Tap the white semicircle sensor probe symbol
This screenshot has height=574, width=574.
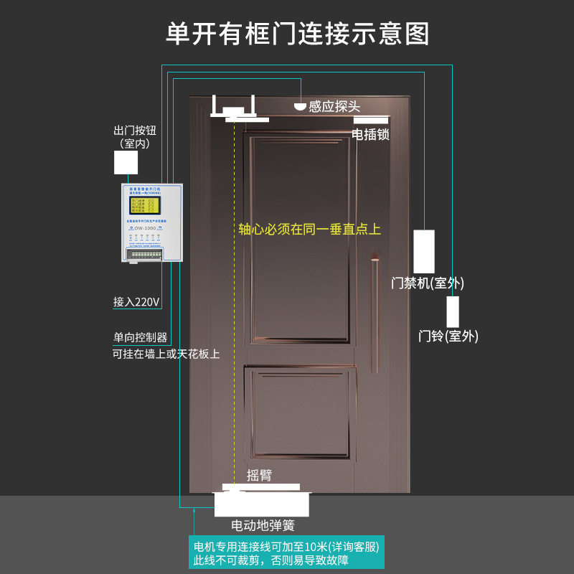pos(300,107)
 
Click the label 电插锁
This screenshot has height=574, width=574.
pos(370,133)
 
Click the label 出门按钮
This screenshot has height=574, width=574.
pos(135,131)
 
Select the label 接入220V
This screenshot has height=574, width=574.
pos(136,301)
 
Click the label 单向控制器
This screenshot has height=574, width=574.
pos(140,337)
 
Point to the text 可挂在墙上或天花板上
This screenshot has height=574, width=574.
pos(166,354)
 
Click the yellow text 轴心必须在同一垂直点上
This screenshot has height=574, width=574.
pos(309,230)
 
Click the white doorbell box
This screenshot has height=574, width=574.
pos(453,311)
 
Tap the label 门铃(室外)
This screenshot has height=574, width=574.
pos(448,336)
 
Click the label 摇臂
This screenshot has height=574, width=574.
pos(259,475)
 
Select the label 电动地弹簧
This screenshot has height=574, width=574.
pos(263,525)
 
